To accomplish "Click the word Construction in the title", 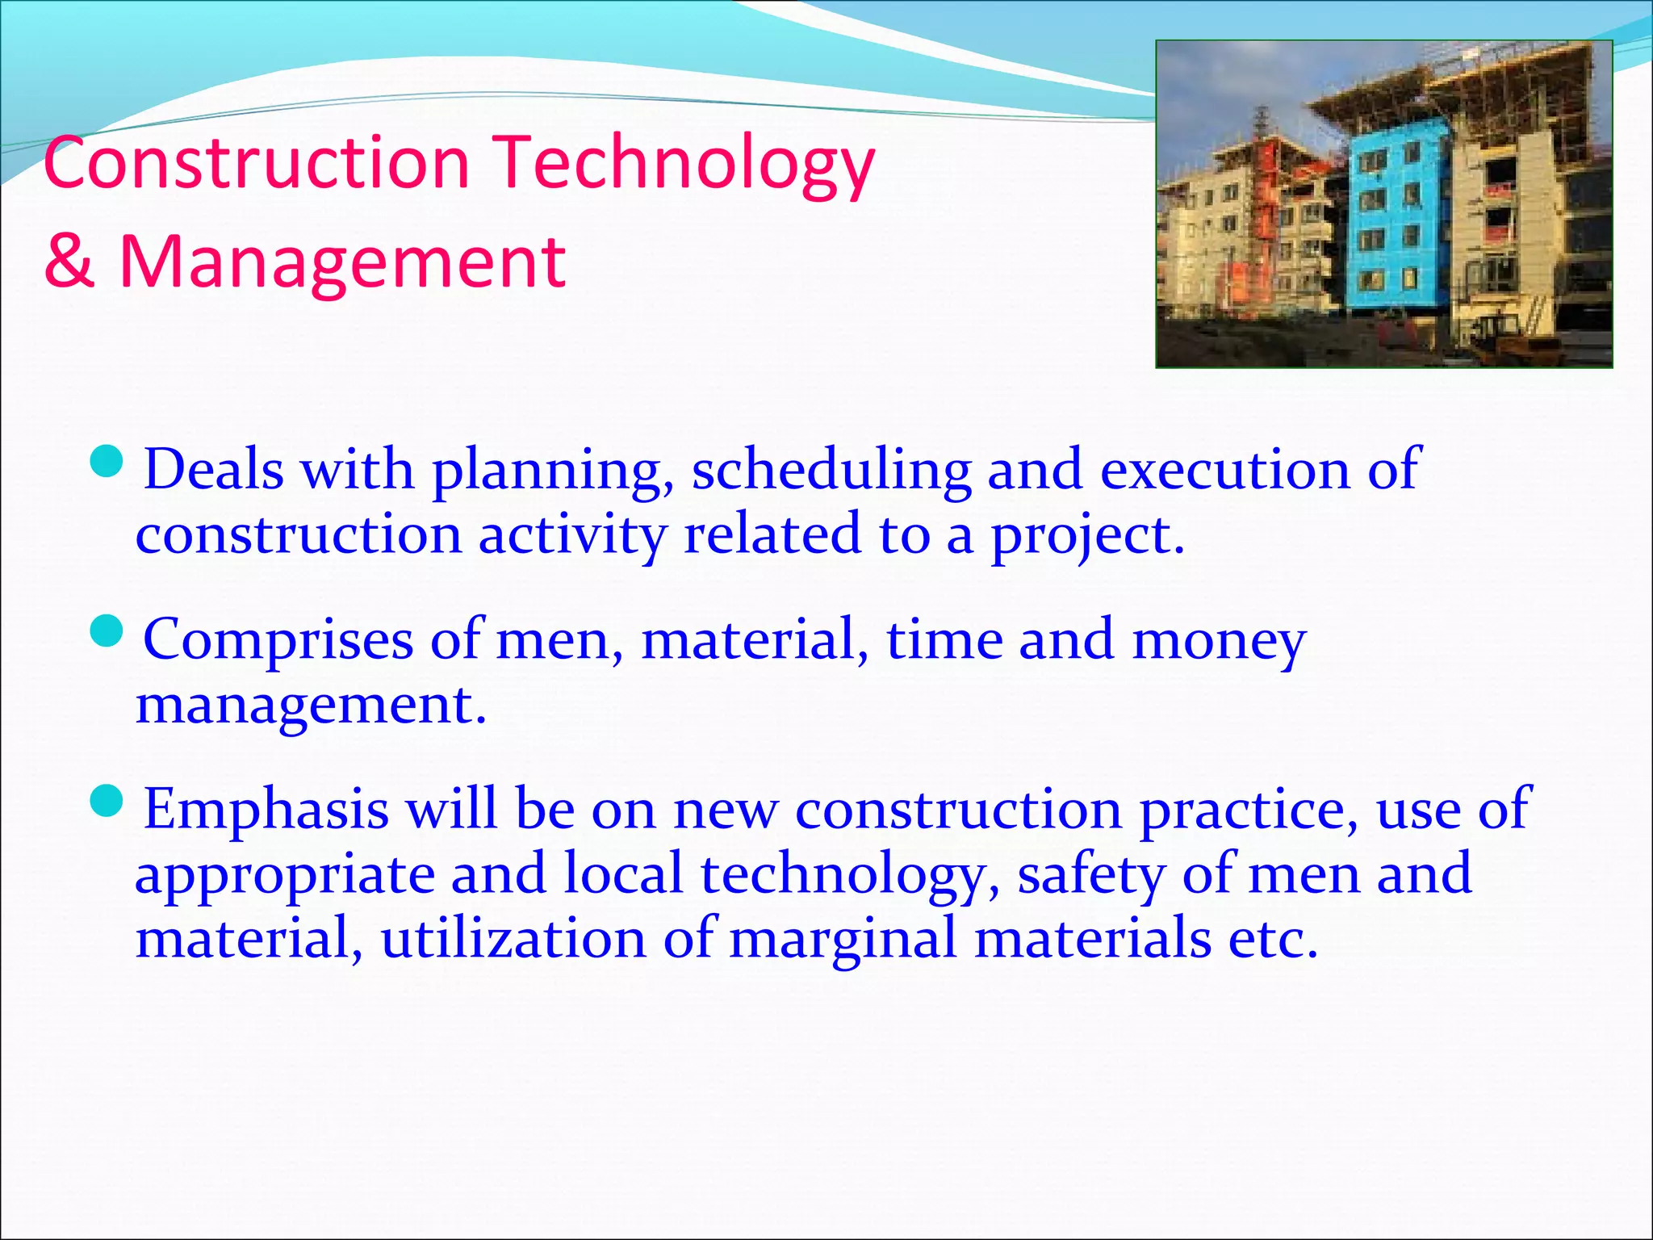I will coord(257,164).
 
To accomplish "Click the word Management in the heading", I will coord(342,263).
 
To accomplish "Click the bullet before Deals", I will coord(107,463).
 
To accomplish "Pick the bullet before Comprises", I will coord(107,632).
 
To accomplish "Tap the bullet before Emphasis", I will coord(107,802).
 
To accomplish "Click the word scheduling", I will coord(831,471).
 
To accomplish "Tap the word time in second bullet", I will coord(944,639).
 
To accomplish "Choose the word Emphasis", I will coord(266,810).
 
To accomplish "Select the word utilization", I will coord(513,939).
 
